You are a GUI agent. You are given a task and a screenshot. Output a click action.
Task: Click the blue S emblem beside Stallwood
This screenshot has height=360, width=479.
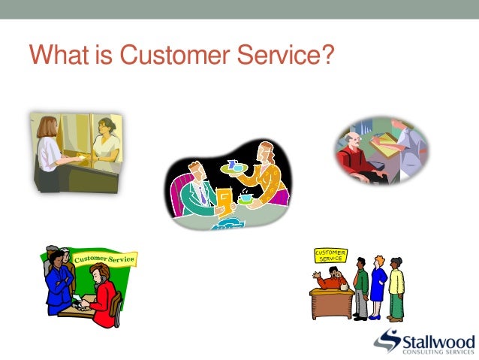pyautogui.click(x=388, y=340)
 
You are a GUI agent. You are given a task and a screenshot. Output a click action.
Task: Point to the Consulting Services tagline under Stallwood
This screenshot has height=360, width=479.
pyautogui.click(x=439, y=352)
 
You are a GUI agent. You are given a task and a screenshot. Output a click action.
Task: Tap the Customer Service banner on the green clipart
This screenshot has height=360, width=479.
pyautogui.click(x=104, y=260)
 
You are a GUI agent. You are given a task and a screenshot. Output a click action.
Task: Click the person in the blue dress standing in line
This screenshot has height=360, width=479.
pyautogui.click(x=378, y=286)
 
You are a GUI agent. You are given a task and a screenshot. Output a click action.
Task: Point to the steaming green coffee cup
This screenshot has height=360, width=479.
pyautogui.click(x=246, y=198)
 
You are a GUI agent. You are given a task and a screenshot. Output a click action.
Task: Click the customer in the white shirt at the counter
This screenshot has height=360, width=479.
pyautogui.click(x=50, y=147)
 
